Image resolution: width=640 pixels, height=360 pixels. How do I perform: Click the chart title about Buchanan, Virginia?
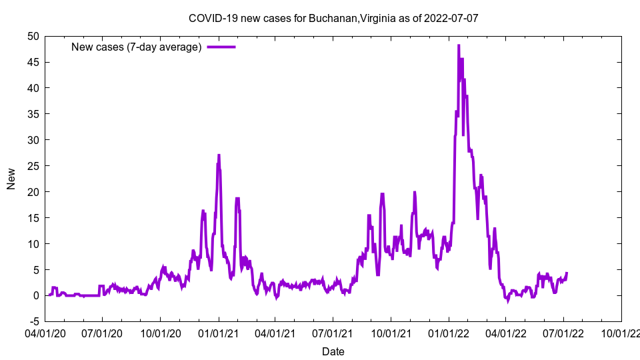click(333, 18)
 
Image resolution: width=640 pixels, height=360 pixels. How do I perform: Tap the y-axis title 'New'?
click(11, 178)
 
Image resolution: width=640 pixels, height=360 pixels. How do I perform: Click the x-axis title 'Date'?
click(333, 351)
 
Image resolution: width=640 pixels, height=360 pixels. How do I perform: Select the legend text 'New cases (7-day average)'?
click(137, 47)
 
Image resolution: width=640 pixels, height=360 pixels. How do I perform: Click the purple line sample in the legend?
click(221, 47)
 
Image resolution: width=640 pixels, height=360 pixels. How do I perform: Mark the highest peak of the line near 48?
click(459, 45)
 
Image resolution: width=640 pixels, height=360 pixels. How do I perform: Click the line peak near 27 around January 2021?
click(219, 155)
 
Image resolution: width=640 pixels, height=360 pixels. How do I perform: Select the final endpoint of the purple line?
click(567, 273)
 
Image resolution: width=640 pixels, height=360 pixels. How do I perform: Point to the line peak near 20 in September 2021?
click(382, 194)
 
